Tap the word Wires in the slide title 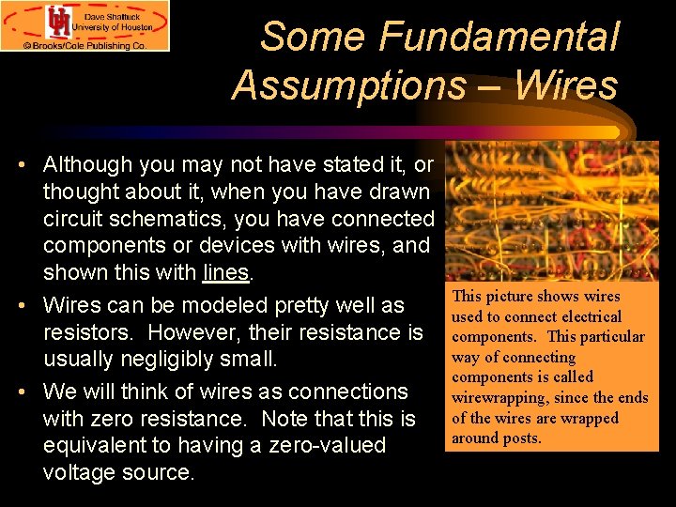(567, 84)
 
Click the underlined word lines (225, 273)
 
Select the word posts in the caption (522, 438)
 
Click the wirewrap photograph (551, 210)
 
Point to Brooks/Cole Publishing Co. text (91, 44)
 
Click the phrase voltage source (118, 472)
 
